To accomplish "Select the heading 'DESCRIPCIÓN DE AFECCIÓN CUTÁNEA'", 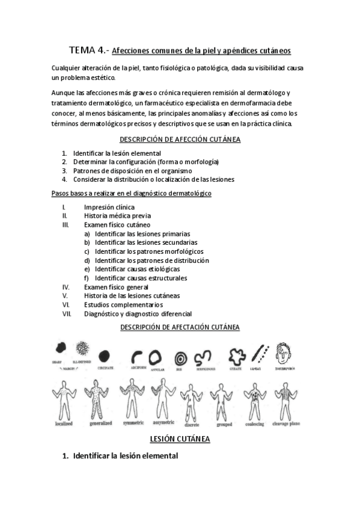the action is [180, 140].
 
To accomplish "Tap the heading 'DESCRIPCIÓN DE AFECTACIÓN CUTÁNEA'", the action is [180, 327].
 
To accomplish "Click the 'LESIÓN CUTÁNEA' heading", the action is [180, 440].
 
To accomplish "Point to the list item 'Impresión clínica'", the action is [109, 207].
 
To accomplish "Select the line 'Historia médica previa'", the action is [117, 216].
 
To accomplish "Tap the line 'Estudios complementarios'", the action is [123, 305].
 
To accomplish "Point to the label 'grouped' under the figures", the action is [224, 424].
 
